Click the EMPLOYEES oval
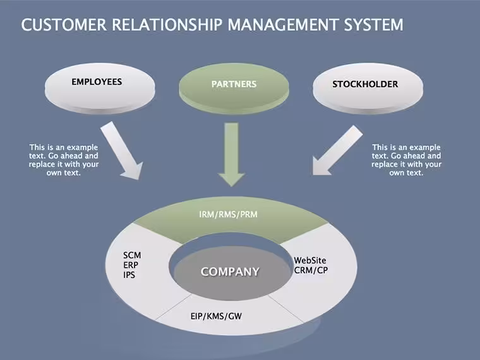(100, 88)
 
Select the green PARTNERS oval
(234, 89)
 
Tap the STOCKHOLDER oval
(368, 88)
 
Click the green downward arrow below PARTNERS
(231, 155)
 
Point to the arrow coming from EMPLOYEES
(123, 150)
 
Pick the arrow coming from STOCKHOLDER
(337, 150)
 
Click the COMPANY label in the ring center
(230, 272)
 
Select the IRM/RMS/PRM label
(229, 214)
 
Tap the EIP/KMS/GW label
(216, 316)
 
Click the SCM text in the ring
(132, 255)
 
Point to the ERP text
(131, 265)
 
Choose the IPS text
(129, 275)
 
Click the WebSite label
(310, 260)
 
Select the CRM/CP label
(311, 270)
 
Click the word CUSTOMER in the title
(64, 25)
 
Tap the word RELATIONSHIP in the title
(167, 25)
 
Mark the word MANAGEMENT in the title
(283, 25)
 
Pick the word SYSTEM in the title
(374, 25)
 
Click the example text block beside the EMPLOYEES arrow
(64, 160)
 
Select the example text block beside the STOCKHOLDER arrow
(407, 160)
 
